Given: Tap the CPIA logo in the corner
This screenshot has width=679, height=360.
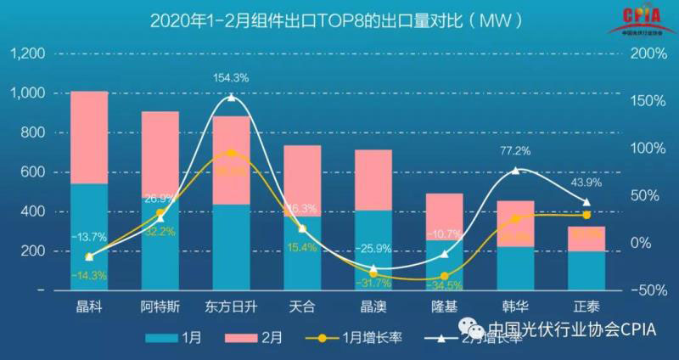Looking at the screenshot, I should coord(637,19).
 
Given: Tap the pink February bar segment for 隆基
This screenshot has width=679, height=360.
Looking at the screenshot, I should coord(445,217).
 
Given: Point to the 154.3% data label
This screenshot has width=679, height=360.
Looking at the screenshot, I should coord(232,77).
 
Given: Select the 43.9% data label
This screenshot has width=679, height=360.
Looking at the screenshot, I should coord(586,183).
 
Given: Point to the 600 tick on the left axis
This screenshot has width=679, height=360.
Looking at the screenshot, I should coord(34,172).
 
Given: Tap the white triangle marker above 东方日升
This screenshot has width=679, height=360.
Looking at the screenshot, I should coord(232,98).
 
